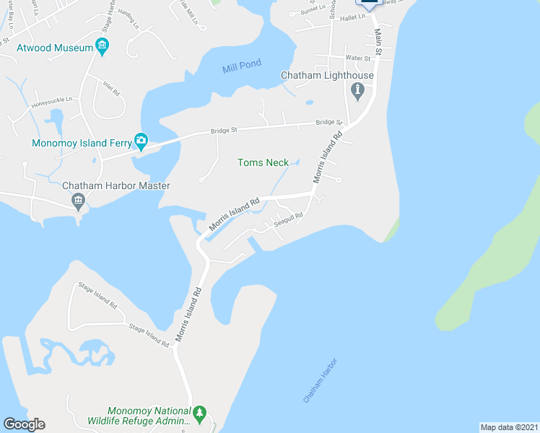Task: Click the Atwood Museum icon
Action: [x=102, y=48]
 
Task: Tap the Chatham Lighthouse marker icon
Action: [x=357, y=90]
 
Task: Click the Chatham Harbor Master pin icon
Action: [x=79, y=203]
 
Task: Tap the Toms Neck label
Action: [x=264, y=162]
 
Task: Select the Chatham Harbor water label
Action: [x=320, y=380]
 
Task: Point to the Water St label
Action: [x=357, y=57]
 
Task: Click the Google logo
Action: [x=24, y=424]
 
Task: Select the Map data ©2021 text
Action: [x=509, y=427]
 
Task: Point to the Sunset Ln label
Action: [x=314, y=11]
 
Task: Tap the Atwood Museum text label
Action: [x=55, y=48]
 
